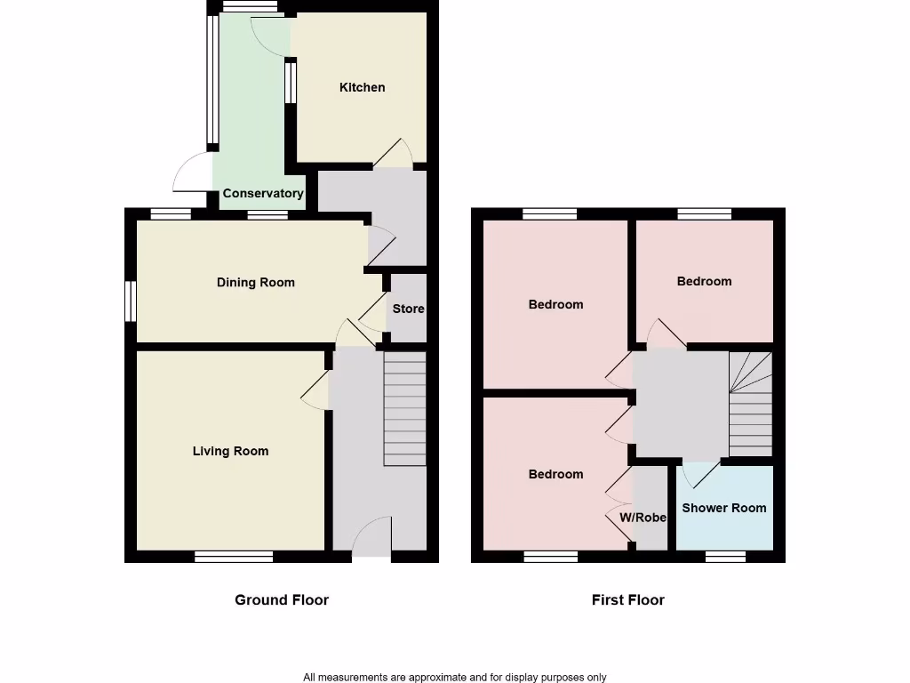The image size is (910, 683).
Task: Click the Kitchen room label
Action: [x=363, y=87]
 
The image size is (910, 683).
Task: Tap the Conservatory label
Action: [x=263, y=193]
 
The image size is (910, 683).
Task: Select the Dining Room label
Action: [x=256, y=283]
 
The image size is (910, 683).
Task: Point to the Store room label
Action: [x=409, y=309]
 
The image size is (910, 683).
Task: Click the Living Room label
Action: [x=230, y=451]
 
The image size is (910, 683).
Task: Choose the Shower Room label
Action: [x=723, y=509]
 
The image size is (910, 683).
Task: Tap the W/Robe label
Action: [x=643, y=518]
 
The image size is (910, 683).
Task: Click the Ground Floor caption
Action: [x=282, y=600]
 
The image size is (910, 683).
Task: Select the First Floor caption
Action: [x=627, y=600]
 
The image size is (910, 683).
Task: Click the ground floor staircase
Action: [x=405, y=409]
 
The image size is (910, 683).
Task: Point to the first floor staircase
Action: [x=750, y=405]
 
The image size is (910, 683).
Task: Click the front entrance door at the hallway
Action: [x=371, y=539]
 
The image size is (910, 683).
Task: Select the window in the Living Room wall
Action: [x=234, y=557]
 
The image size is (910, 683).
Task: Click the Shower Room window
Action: [x=725, y=557]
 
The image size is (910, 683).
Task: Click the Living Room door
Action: [x=317, y=391]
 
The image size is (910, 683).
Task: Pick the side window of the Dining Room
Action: [x=130, y=301]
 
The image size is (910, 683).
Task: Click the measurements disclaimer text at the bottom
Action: [x=454, y=678]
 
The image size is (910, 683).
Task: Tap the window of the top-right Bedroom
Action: [x=705, y=213]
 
